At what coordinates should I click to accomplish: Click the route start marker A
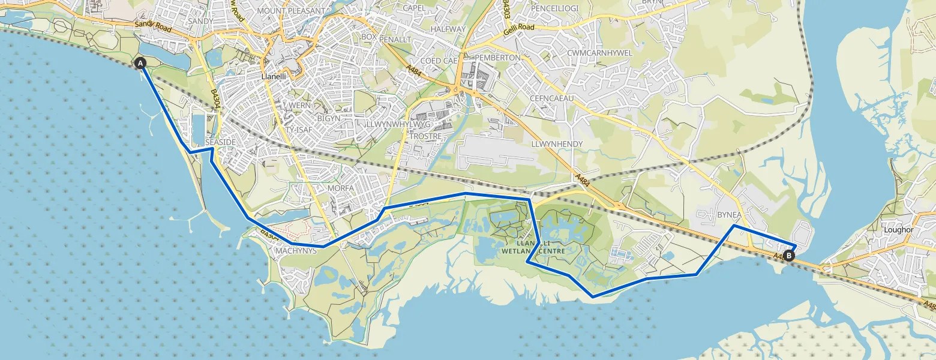140,63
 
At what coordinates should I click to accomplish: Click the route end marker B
789,256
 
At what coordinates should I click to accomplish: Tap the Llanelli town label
277,77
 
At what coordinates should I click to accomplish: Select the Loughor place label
898,229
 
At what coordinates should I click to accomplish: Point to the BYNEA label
730,215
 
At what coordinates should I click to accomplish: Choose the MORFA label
341,188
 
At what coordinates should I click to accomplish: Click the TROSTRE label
425,136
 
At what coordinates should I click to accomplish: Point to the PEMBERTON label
497,57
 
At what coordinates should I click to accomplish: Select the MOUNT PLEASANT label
290,11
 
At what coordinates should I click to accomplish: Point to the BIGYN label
328,119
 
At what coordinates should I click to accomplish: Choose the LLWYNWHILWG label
398,124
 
